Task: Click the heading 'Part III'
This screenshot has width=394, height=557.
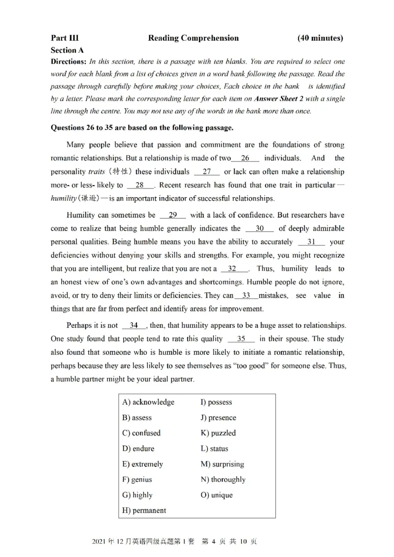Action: (65, 38)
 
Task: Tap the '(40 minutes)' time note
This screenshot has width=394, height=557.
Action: (320, 38)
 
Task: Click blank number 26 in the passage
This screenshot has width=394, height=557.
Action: (245, 158)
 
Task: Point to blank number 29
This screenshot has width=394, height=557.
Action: (173, 215)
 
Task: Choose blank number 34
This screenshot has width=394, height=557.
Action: (133, 326)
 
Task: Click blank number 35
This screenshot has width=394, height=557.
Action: (241, 339)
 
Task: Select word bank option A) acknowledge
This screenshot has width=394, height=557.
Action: (148, 402)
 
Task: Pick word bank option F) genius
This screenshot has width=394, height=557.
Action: (137, 479)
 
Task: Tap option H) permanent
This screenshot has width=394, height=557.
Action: (144, 510)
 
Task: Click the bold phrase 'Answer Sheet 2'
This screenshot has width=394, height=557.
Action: (278, 98)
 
